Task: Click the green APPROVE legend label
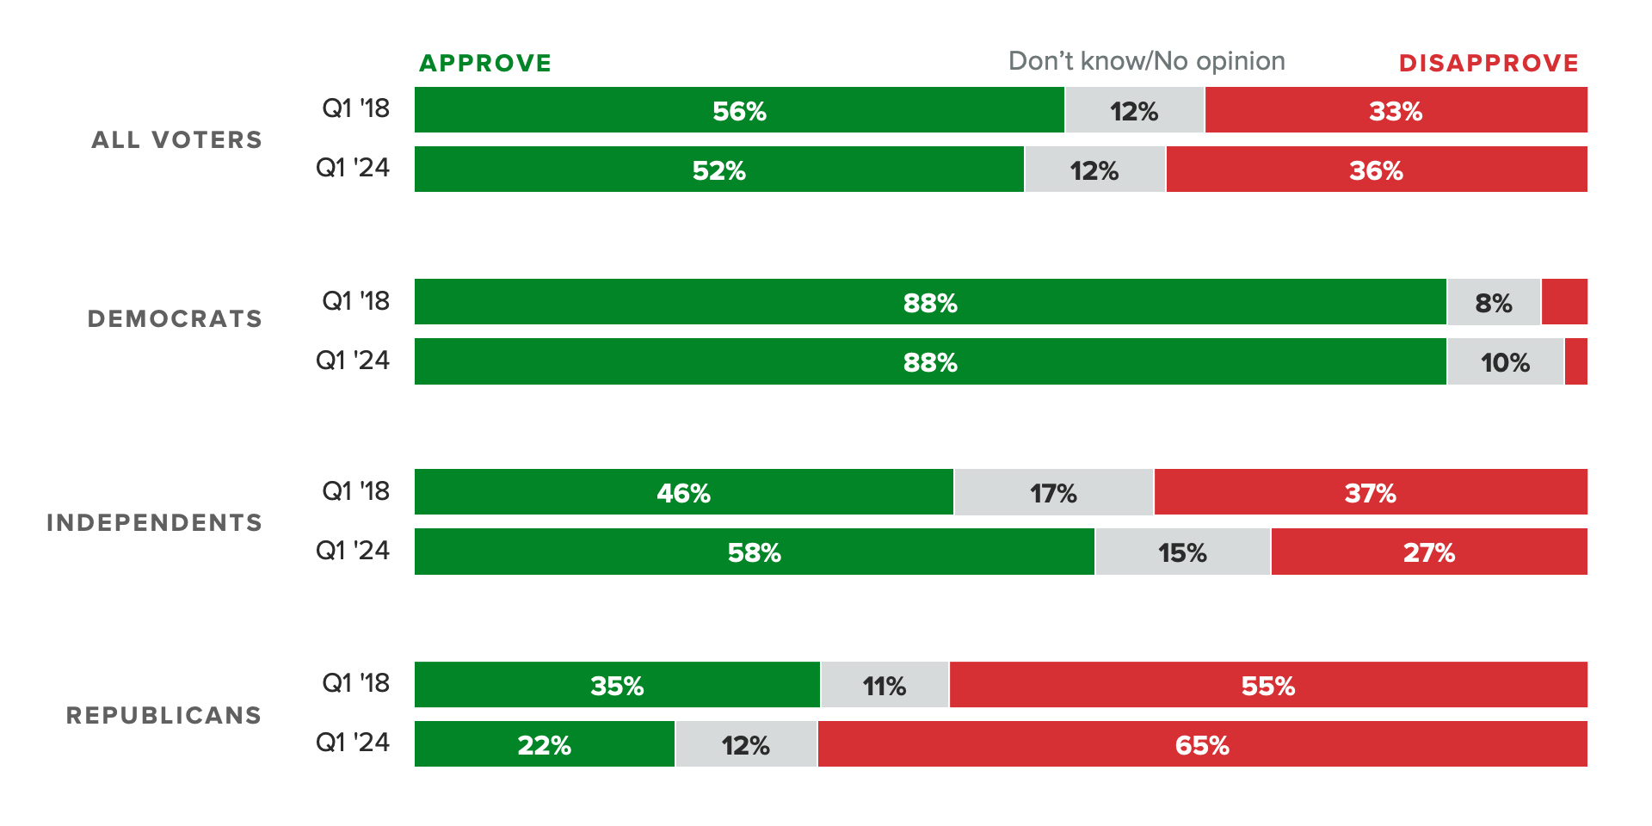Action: point(485,64)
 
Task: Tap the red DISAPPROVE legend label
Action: point(1489,64)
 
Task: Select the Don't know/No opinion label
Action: point(1146,61)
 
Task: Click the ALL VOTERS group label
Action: point(176,140)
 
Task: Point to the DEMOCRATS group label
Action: point(175,319)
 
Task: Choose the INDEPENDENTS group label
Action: point(154,523)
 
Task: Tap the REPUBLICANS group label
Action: point(163,716)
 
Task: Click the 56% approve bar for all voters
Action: point(738,110)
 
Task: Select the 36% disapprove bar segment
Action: point(1376,170)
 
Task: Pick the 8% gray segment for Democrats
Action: point(1494,302)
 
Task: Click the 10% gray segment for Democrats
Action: point(1505,362)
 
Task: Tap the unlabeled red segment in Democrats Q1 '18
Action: point(1564,302)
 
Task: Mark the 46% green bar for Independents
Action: point(683,492)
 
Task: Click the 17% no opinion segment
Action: point(1053,492)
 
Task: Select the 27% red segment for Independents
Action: point(1428,552)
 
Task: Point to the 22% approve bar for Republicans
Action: point(544,744)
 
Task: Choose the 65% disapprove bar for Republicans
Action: point(1202,744)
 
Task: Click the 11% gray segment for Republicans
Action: point(885,685)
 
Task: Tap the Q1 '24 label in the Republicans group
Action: point(353,743)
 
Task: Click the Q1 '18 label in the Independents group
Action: point(355,491)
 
